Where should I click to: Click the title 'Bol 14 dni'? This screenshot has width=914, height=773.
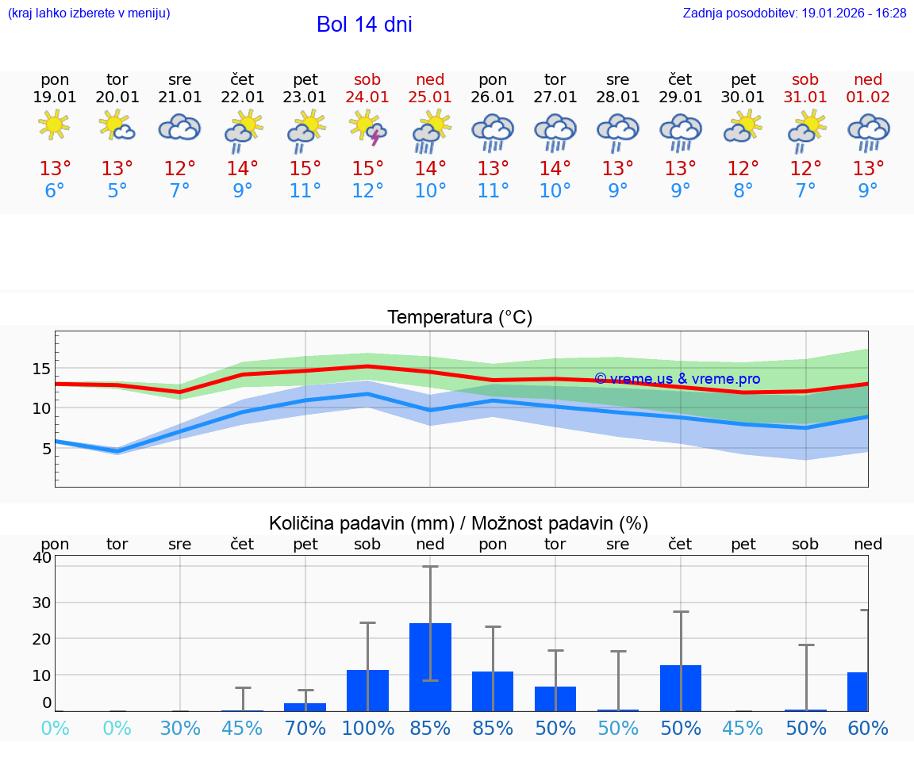click(x=364, y=25)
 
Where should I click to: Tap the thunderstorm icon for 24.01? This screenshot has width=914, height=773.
click(x=368, y=128)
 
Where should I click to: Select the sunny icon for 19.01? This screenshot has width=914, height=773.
click(x=54, y=125)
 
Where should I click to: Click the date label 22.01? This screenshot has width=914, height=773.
click(x=243, y=98)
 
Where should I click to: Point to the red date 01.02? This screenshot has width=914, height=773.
click(x=868, y=98)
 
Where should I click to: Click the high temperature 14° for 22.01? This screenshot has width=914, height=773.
click(x=243, y=169)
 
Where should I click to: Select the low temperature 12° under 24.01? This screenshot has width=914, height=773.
click(x=368, y=191)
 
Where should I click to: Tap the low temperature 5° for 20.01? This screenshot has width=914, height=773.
click(x=117, y=191)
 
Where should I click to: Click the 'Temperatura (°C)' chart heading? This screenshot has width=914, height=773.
click(x=459, y=318)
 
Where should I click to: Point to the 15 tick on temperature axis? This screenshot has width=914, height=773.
click(x=41, y=369)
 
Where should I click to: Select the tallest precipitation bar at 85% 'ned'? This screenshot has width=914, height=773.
click(x=430, y=667)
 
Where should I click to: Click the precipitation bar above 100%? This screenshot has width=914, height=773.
click(x=368, y=690)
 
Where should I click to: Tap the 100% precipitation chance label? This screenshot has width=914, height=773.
click(x=368, y=728)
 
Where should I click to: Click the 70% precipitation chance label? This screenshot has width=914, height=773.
click(x=305, y=728)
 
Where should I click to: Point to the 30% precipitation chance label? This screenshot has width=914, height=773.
click(x=180, y=728)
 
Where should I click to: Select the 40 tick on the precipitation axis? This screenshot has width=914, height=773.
click(x=41, y=558)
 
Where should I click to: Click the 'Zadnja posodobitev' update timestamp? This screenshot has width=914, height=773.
click(x=794, y=13)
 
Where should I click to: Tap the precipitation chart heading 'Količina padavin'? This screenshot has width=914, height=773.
click(x=459, y=523)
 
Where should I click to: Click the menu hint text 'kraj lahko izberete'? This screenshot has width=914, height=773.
click(x=89, y=13)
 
